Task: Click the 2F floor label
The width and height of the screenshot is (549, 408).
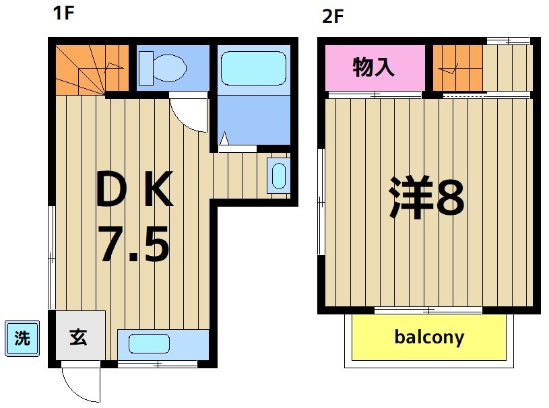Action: [x=333, y=15]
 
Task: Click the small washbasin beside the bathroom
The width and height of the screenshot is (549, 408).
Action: [x=278, y=174]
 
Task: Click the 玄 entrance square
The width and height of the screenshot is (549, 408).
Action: [x=79, y=337]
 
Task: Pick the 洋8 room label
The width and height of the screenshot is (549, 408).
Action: [x=426, y=197]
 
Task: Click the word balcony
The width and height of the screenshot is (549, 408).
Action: [x=429, y=336]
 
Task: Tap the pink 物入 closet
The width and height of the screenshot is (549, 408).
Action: [x=375, y=67]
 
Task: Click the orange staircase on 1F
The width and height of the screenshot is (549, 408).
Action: [x=91, y=69]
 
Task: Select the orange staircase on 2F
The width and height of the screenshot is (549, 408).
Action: [x=457, y=67]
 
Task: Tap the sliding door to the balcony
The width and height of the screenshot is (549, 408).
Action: [x=428, y=310]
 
